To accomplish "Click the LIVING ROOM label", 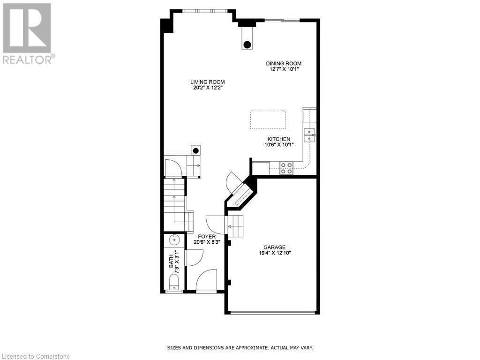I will [207, 82].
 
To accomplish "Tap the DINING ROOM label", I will [284, 63].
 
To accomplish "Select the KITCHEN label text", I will [279, 139].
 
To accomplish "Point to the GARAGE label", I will [274, 247].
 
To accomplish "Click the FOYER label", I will [207, 237].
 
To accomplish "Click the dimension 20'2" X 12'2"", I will [207, 88].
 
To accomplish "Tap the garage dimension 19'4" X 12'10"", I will [274, 253].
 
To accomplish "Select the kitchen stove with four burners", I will [286, 168].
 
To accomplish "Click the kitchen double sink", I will [309, 135].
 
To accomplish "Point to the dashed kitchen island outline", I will [268, 120].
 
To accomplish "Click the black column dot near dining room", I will [247, 45].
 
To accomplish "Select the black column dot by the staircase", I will [196, 151].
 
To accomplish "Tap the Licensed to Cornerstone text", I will [36, 356].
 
